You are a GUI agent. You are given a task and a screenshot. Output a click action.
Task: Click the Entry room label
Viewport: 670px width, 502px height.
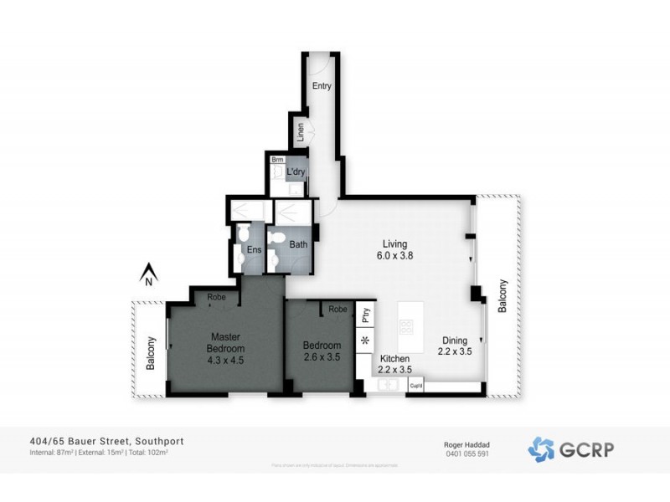pyautogui.click(x=322, y=86)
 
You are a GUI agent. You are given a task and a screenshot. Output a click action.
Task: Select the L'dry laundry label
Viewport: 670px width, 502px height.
pyautogui.click(x=296, y=172)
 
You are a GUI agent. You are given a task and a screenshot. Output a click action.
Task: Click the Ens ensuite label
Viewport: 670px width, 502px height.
pyautogui.click(x=254, y=249)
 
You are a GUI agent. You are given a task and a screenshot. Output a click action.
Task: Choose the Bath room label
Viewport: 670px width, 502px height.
pyautogui.click(x=298, y=245)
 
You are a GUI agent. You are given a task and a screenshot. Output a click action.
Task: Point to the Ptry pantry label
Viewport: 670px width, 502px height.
pyautogui.click(x=365, y=315)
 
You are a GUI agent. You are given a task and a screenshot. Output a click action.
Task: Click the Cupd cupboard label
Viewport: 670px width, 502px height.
pyautogui.click(x=416, y=385)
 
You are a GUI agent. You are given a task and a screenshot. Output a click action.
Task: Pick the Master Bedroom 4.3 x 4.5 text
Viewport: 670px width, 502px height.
pyautogui.click(x=226, y=348)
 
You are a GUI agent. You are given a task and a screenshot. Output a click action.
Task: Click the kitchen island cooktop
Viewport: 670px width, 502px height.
pyautogui.click(x=408, y=327)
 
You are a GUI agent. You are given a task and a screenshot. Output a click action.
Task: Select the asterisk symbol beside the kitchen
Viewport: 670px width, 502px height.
pyautogui.click(x=365, y=341)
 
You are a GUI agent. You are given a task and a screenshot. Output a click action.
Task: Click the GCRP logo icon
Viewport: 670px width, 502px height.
pyautogui.click(x=541, y=448)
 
